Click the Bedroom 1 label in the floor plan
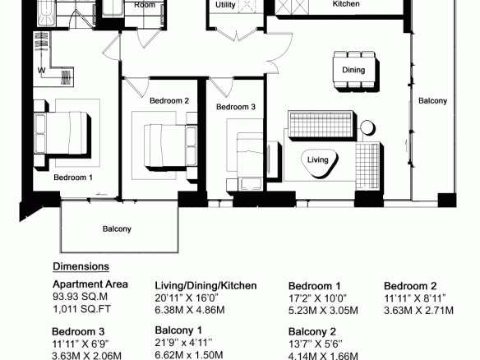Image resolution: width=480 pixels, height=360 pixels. pyautogui.click(x=73, y=178)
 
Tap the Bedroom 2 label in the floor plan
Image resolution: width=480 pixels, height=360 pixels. pyautogui.click(x=169, y=101)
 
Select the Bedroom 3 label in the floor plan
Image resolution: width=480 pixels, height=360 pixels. pyautogui.click(x=236, y=107)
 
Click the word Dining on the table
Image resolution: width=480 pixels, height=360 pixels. pyautogui.click(x=353, y=70)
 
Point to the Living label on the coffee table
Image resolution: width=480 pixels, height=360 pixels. pyautogui.click(x=318, y=159)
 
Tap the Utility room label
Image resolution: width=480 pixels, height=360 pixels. pyautogui.click(x=225, y=5)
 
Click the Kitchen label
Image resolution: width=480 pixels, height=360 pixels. pyautogui.click(x=346, y=4)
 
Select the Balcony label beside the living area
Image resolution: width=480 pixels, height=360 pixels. pyautogui.click(x=432, y=101)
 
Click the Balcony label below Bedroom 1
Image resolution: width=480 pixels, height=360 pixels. pyautogui.click(x=117, y=229)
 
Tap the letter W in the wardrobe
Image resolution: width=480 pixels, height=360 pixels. pyautogui.click(x=42, y=71)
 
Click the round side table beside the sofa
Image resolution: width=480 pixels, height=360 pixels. pyautogui.click(x=367, y=127)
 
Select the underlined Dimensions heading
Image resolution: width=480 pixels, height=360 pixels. pyautogui.click(x=81, y=266)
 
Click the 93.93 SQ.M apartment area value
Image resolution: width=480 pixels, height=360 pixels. pyautogui.click(x=81, y=297)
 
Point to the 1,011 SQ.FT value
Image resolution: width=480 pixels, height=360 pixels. pyautogui.click(x=81, y=309)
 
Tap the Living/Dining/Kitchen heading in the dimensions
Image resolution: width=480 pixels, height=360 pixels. pyautogui.click(x=205, y=285)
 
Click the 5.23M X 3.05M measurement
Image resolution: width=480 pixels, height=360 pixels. pyautogui.click(x=323, y=311)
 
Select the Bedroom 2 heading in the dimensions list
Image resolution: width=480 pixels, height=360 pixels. pyautogui.click(x=410, y=286)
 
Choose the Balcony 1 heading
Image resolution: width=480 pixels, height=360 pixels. pyautogui.click(x=178, y=330)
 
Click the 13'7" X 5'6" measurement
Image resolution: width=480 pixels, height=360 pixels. pyautogui.click(x=316, y=344)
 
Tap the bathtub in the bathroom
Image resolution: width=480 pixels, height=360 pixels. pyautogui.click(x=47, y=13)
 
